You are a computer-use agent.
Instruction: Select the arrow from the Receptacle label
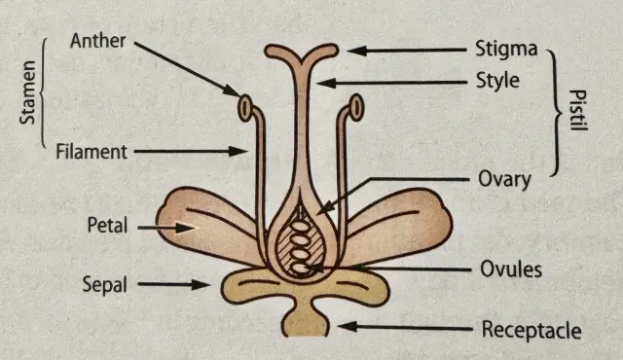(399, 328)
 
